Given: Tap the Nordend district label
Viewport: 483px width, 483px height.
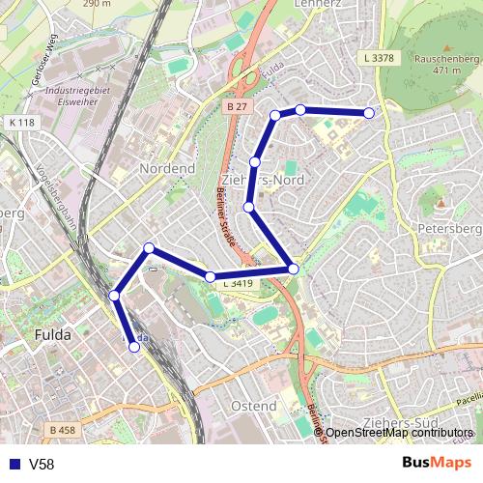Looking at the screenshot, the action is (167, 168).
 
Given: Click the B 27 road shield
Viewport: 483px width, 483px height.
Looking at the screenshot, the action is (237, 105).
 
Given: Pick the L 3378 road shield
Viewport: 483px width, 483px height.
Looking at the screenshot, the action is (381, 59).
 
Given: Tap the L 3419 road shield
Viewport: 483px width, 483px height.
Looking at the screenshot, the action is (237, 284).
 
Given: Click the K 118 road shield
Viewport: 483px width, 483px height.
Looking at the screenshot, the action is (21, 123).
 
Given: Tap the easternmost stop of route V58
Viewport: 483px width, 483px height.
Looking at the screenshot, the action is (369, 113).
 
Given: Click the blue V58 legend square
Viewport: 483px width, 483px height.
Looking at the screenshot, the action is (12, 464).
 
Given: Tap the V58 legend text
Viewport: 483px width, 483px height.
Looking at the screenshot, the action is (42, 464).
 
